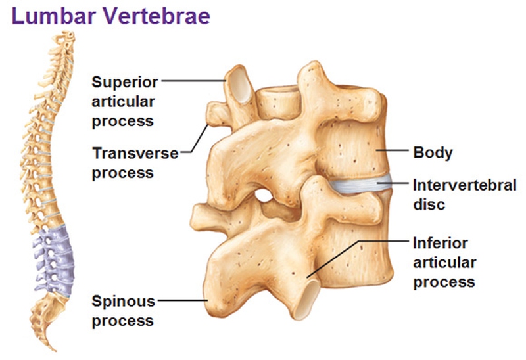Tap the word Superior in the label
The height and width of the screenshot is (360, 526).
125,82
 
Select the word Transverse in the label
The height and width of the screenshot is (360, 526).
135,154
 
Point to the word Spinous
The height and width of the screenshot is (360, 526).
124,302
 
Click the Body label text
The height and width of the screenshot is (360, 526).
433,153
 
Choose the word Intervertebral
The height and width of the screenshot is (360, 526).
465,185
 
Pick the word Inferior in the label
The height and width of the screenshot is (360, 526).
440,243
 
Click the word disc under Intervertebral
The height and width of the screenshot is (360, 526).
429,204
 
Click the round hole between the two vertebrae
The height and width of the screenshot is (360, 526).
264,196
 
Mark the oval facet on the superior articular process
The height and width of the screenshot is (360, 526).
240,85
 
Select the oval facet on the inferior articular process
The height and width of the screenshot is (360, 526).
308,299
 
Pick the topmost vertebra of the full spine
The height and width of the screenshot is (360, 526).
68,35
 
